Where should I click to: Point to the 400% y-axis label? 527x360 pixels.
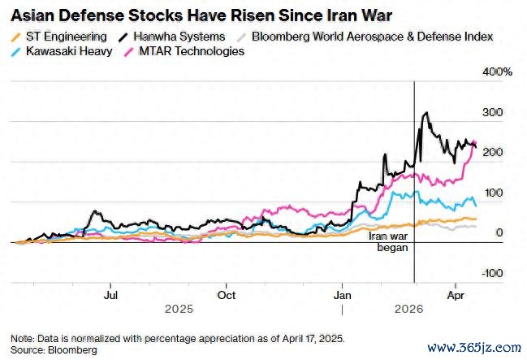[x=496, y=72]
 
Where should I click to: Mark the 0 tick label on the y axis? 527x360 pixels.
[x=499, y=232]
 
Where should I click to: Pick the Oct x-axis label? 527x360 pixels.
[x=229, y=295]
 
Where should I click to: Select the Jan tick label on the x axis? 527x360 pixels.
[x=343, y=295]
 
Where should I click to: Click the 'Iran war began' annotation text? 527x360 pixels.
[x=387, y=241]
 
